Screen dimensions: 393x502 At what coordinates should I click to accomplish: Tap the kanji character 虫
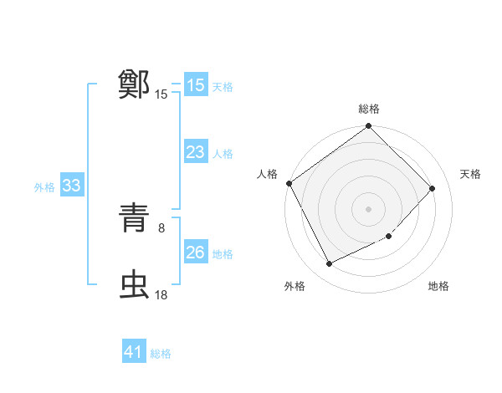coord(135,284)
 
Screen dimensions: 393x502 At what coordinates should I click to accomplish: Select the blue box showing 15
coord(195,84)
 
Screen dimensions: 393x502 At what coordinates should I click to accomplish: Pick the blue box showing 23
coord(195,152)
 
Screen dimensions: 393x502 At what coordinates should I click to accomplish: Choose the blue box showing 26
coord(195,253)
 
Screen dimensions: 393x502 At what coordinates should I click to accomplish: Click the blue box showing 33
coord(71,186)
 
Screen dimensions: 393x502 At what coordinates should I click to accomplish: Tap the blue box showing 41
coord(134,352)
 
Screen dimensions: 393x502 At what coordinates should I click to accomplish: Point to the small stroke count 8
coord(161,226)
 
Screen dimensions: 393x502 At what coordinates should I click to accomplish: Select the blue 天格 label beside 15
coord(223,86)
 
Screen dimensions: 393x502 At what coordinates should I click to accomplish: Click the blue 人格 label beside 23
coord(223,154)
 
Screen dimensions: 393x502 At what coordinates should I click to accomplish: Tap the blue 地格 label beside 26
coord(223,254)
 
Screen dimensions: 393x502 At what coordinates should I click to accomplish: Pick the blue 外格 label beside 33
coord(44,188)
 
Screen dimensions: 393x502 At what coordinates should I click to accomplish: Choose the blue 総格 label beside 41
coord(161,354)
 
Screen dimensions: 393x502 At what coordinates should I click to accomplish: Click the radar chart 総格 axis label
coord(369,109)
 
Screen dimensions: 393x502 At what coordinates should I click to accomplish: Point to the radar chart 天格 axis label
coord(471,174)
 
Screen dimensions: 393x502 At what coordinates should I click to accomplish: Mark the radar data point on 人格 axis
coord(289,183)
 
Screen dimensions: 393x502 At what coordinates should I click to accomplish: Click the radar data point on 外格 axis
coord(329,264)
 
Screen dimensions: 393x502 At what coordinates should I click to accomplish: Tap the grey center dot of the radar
coord(369,209)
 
